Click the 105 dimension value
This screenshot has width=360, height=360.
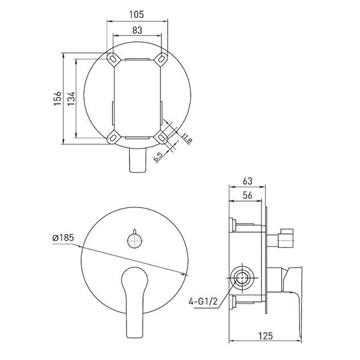point(137,15)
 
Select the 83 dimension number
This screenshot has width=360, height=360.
point(137,30)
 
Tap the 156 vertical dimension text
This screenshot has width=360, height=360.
point(57,99)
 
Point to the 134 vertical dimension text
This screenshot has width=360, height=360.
point(71,99)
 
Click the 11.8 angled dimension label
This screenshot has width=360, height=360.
point(187,138)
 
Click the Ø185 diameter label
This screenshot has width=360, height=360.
point(63,238)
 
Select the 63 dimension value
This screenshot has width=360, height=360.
point(247,181)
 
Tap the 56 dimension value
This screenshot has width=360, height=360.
point(247,195)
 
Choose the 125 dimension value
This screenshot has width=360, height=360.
point(265,336)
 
